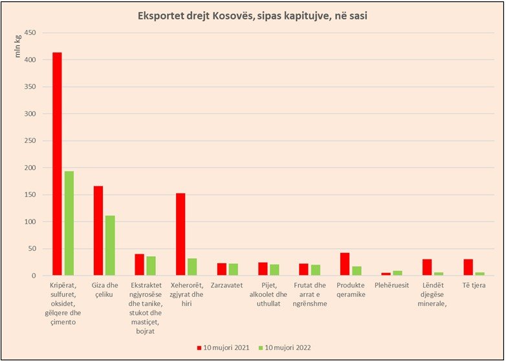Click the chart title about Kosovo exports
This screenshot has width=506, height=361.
[x=253, y=16]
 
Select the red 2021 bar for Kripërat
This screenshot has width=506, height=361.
[x=58, y=164]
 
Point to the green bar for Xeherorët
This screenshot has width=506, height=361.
[x=192, y=267]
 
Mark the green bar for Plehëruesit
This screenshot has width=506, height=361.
[x=397, y=273]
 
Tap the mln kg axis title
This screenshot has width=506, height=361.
[x=17, y=48]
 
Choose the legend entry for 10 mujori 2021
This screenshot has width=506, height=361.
[x=223, y=347]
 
